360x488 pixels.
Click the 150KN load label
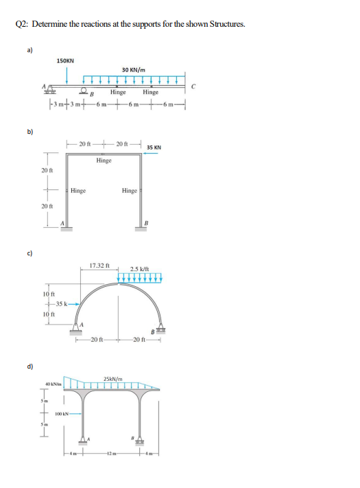click(66, 61)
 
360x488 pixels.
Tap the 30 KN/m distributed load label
click(133, 69)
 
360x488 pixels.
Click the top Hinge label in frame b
click(104, 160)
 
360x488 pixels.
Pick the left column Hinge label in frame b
click(78, 191)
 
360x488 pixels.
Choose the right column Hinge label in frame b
click(129, 191)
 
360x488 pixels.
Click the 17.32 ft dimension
click(100, 265)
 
